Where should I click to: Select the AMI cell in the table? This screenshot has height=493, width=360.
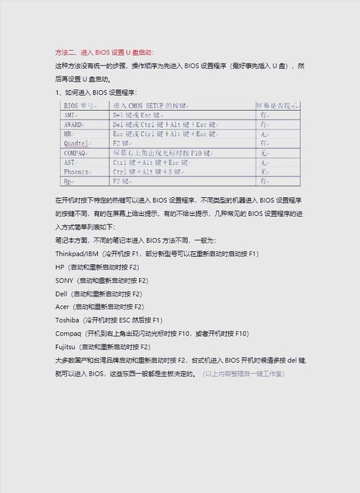click(x=69, y=114)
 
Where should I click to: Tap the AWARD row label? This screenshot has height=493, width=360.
click(x=72, y=124)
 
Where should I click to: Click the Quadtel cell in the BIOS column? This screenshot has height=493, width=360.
click(x=76, y=143)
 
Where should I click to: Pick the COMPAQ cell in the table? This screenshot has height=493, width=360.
click(x=74, y=153)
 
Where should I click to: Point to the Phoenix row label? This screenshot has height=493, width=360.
click(x=75, y=172)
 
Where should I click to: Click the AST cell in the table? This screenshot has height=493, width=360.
click(x=69, y=163)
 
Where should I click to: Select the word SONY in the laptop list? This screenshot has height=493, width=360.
click(x=64, y=280)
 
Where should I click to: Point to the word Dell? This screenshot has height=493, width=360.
click(x=62, y=294)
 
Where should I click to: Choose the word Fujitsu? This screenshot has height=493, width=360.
click(x=66, y=346)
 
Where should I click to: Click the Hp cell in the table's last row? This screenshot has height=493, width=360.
click(x=68, y=181)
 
